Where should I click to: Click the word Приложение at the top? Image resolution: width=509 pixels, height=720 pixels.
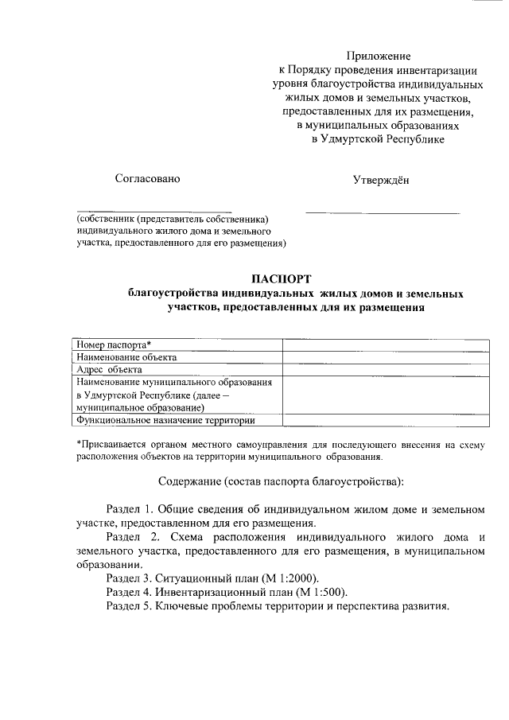pyautogui.click(x=379, y=56)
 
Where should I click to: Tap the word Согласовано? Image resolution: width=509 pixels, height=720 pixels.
pyautogui.click(x=147, y=178)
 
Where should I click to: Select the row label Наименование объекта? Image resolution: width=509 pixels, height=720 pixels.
pyautogui.click(x=126, y=357)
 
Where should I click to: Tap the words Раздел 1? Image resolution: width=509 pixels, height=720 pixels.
pyautogui.click(x=130, y=508)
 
